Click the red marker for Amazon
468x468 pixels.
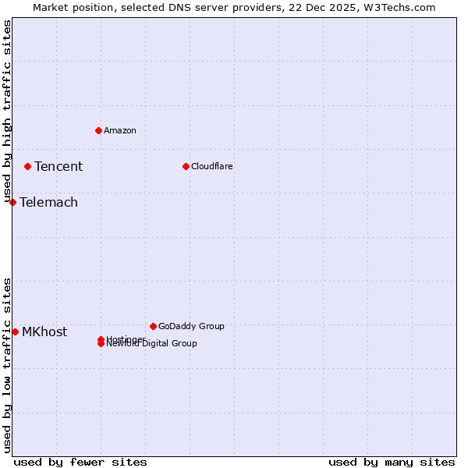tap(98, 130)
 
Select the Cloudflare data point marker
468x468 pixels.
tap(186, 166)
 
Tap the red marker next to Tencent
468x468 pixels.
tap(27, 166)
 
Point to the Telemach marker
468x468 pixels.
tap(12, 202)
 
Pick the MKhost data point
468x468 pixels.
tap(15, 331)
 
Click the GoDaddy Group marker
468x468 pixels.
tap(153, 326)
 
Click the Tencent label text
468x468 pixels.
tap(58, 166)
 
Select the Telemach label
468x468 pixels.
tap(48, 202)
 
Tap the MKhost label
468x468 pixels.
tap(44, 331)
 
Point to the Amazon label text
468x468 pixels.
tap(120, 130)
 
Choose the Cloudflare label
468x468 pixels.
tap(212, 166)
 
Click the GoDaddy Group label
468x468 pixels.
tap(191, 326)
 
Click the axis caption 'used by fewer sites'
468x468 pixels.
tap(80, 462)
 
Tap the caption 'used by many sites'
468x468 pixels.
tap(392, 462)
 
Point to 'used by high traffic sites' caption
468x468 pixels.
tap(7, 112)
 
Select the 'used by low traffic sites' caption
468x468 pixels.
tap(7, 365)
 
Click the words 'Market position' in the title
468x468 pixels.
tap(69, 7)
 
